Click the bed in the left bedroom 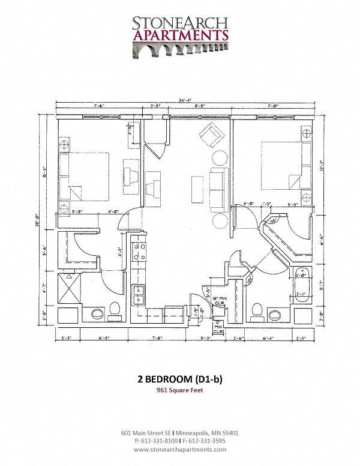86,176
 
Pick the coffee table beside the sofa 196,189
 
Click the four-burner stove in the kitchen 139,252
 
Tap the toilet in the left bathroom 115,311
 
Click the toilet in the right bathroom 258,310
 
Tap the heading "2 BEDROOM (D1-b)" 179,379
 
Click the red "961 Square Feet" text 179,391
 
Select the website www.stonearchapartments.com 179,449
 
